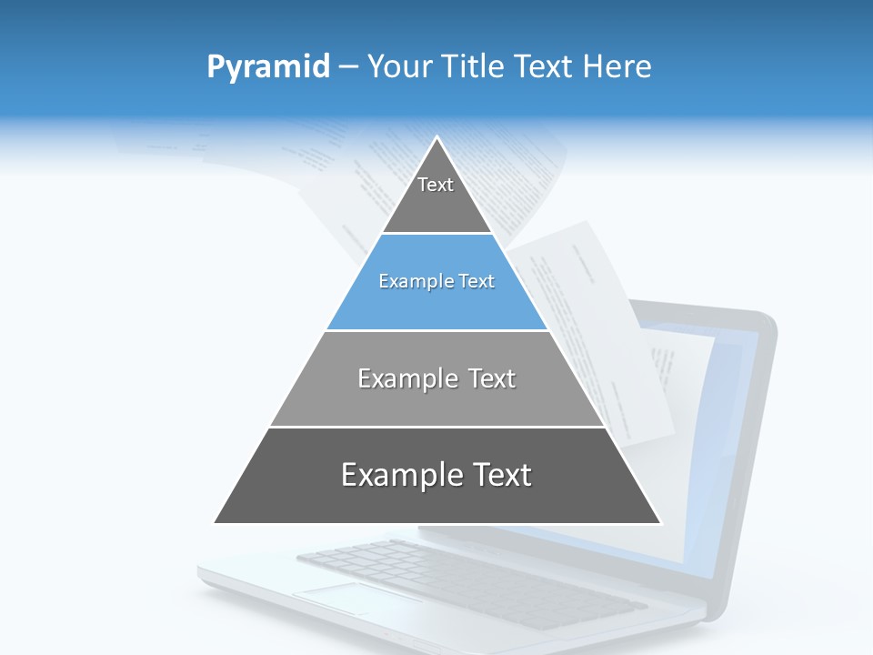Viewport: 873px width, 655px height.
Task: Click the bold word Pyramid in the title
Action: pos(268,67)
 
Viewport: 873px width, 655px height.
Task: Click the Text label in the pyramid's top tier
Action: pos(436,185)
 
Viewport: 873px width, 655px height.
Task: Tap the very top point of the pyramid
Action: pos(437,138)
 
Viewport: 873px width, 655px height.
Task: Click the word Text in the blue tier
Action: pos(477,282)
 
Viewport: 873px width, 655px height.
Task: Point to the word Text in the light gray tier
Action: pos(491,378)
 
